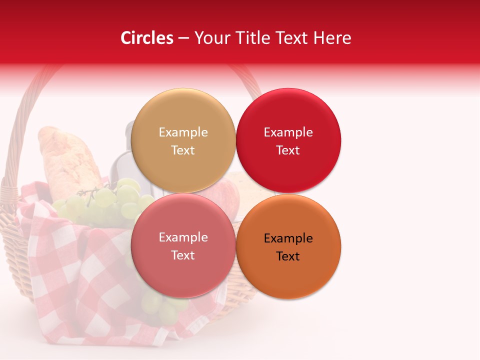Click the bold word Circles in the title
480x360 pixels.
147,38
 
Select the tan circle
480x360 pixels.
183,140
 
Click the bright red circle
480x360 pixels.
288,140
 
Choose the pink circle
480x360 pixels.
183,245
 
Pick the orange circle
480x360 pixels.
288,246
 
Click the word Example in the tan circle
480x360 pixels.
183,132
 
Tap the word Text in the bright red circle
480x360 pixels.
288,150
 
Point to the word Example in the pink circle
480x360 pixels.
183,237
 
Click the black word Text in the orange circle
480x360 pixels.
288,256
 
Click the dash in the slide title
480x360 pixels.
183,38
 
